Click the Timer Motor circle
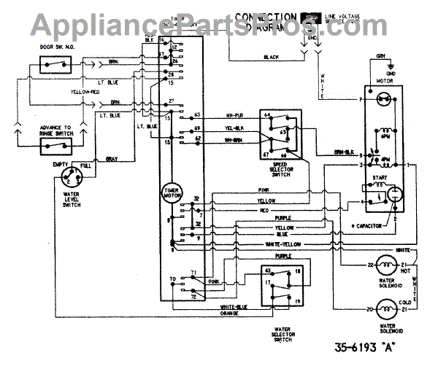click(x=172, y=192)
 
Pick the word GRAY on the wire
click(x=112, y=159)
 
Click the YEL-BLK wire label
click(x=234, y=128)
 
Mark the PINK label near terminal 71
click(x=215, y=281)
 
